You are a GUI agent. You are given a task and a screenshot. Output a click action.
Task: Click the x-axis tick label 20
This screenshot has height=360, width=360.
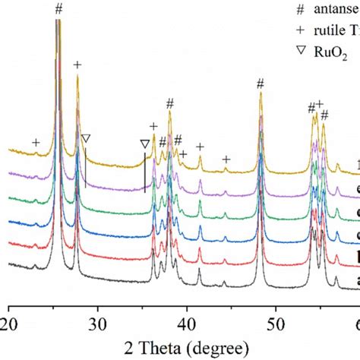(x=9, y=312)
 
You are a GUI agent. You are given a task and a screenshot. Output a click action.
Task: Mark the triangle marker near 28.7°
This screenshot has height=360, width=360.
(x=85, y=139)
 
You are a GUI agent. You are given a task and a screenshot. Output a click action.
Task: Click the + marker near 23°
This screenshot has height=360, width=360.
(x=36, y=143)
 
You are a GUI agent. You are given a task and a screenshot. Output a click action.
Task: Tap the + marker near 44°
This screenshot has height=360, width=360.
(x=226, y=159)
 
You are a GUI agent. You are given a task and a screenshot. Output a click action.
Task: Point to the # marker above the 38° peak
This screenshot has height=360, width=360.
(x=169, y=103)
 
